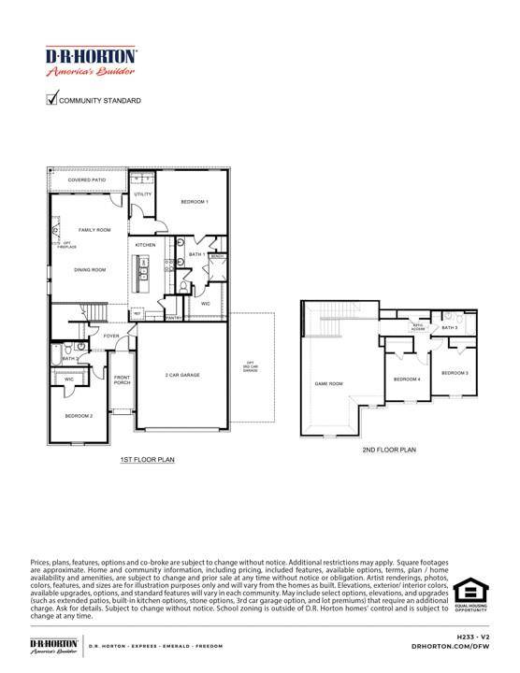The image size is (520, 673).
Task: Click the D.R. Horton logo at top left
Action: (x=91, y=63)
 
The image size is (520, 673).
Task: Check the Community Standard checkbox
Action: (x=52, y=100)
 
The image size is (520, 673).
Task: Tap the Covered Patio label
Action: (x=87, y=179)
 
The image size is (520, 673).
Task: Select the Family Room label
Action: (x=94, y=230)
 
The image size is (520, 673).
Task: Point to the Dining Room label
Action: (x=91, y=270)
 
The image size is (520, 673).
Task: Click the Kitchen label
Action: (x=146, y=245)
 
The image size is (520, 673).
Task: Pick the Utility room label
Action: (x=142, y=193)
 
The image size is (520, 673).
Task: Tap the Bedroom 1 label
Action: (x=195, y=202)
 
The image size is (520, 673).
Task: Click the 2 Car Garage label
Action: (x=182, y=375)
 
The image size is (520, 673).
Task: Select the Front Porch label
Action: (x=122, y=380)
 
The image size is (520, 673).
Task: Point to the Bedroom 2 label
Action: (x=79, y=415)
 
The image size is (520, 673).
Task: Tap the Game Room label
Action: (x=328, y=384)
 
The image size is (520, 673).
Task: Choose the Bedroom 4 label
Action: (x=406, y=379)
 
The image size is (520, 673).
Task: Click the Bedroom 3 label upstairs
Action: (x=455, y=373)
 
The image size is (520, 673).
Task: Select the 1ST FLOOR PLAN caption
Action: (x=148, y=460)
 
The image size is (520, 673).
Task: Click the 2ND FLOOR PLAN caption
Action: (x=389, y=450)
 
